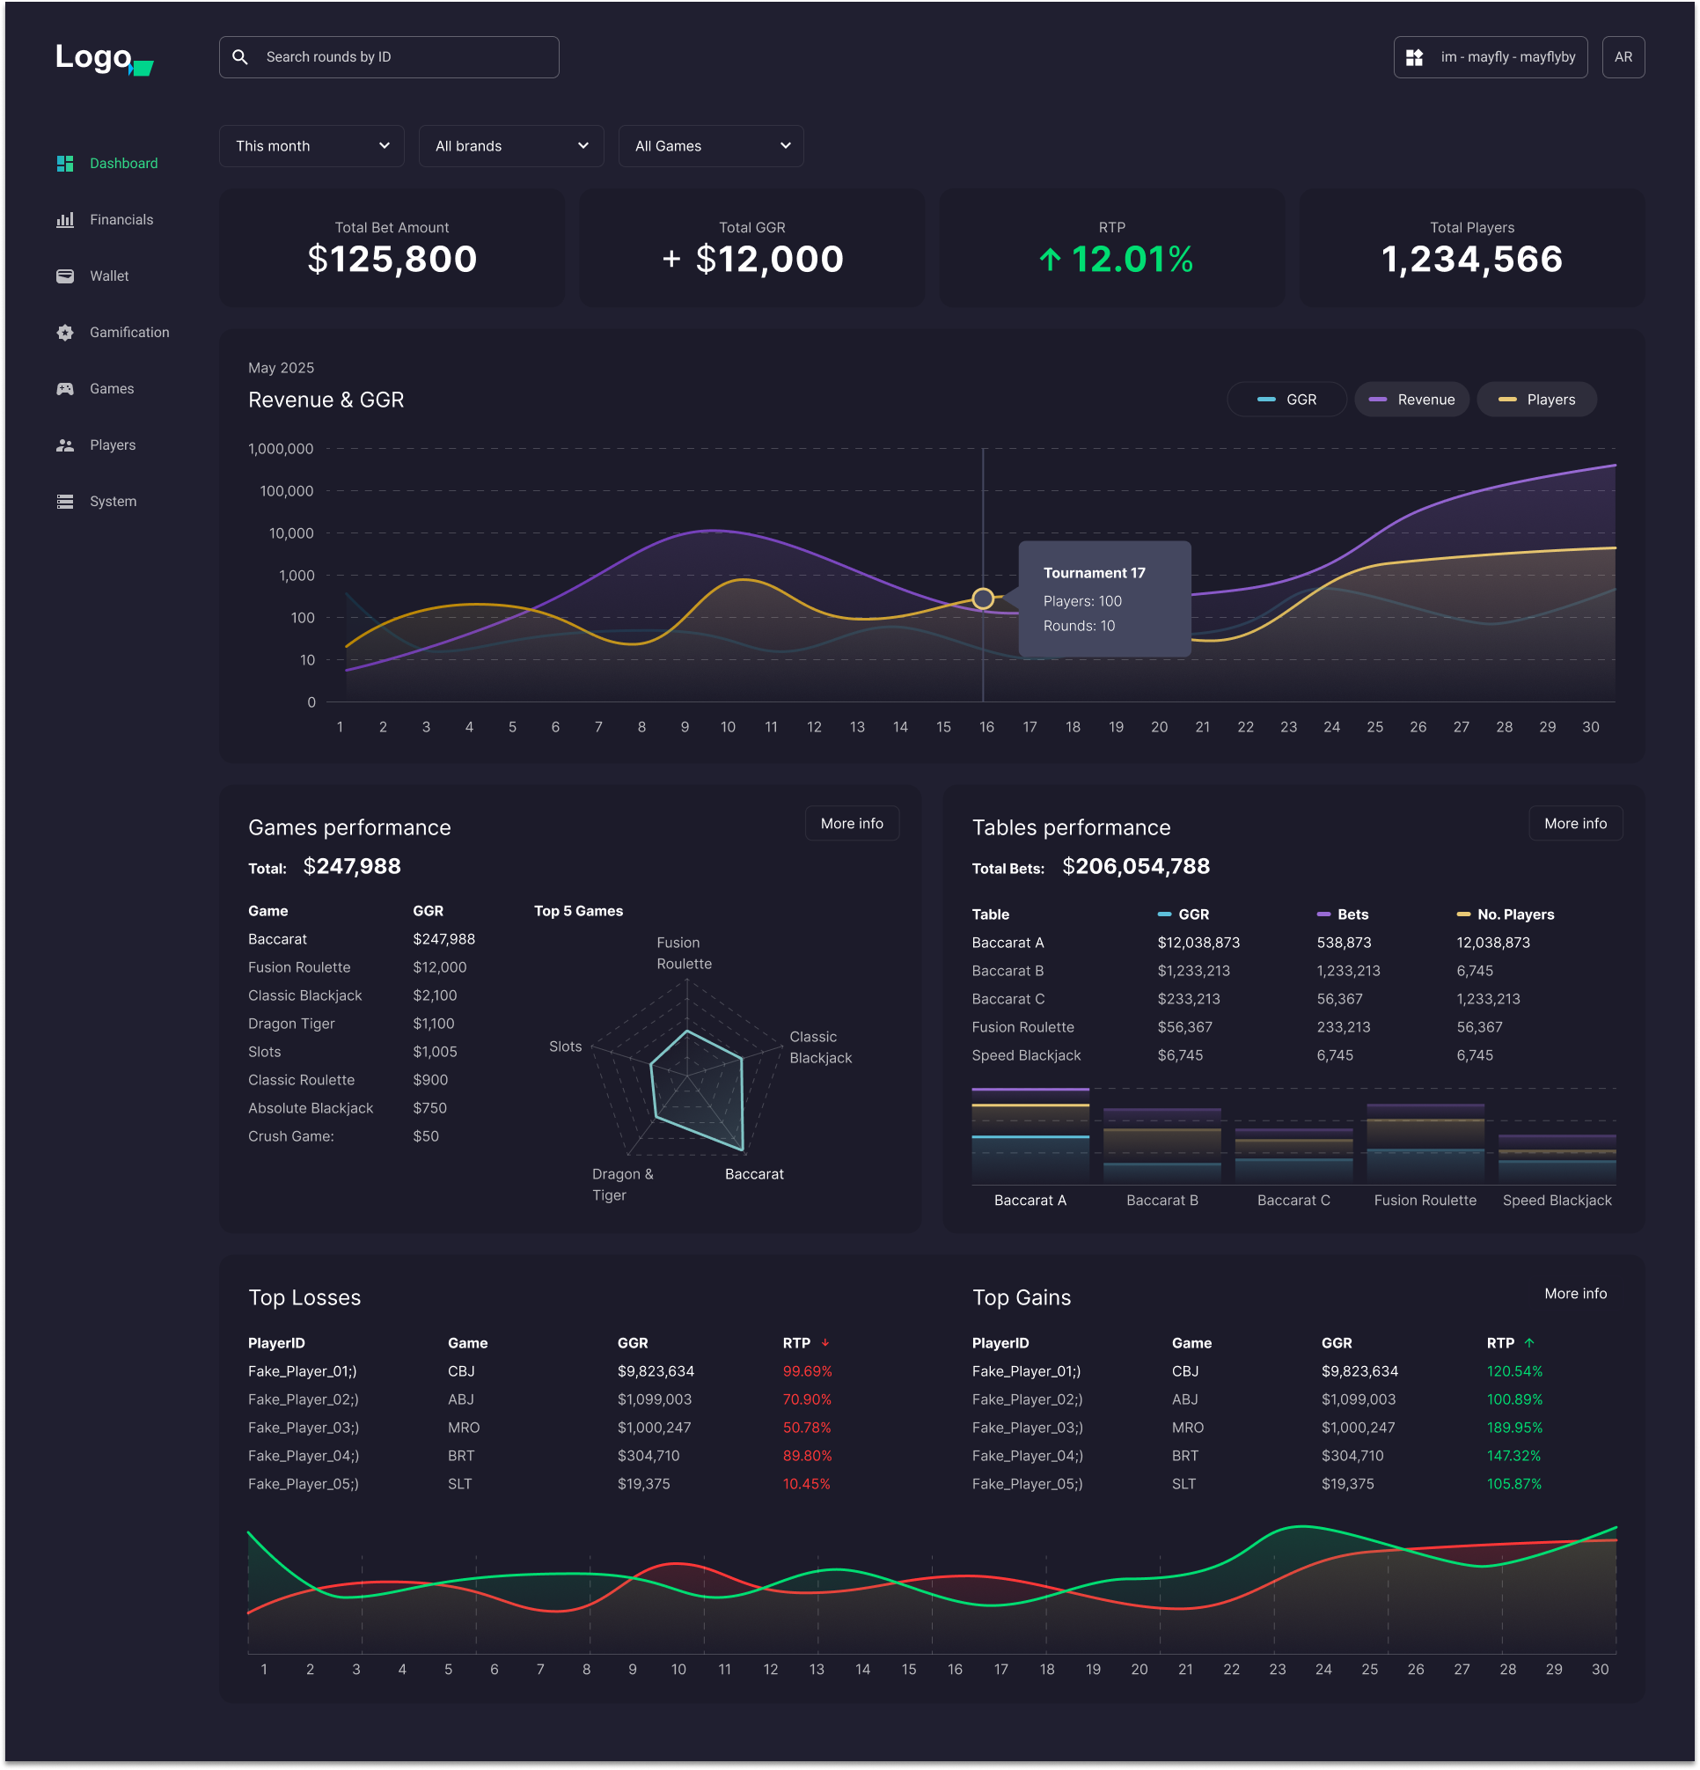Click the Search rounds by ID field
[388, 57]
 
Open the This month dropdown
[311, 146]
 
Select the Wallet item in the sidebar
[109, 276]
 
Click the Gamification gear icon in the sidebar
[65, 333]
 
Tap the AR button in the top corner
[1623, 57]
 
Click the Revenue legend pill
[1411, 400]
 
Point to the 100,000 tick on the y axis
[286, 491]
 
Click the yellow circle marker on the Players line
[982, 599]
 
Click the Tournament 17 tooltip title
[1094, 572]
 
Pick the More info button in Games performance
[851, 824]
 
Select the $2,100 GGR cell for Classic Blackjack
[435, 995]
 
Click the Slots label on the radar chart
[565, 1047]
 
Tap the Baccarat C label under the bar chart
[1293, 1201]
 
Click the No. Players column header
[1515, 914]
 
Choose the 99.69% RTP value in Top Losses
[806, 1370]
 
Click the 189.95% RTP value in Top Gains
[1514, 1428]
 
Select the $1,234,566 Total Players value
[1470, 260]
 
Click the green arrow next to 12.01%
[1049, 260]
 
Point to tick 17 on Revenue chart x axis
[1030, 727]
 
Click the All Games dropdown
[710, 146]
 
